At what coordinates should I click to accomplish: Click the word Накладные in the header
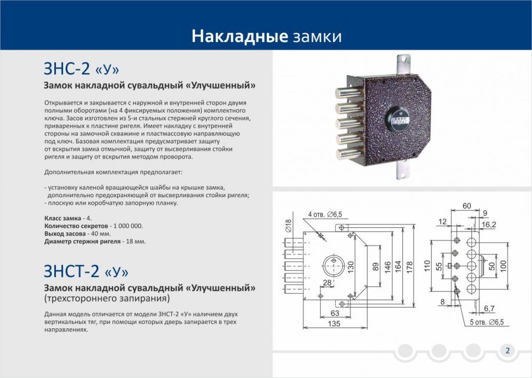point(239,36)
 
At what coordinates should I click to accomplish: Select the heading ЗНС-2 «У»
point(81,69)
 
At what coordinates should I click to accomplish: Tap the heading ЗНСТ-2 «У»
point(86,271)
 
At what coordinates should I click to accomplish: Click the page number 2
point(507,350)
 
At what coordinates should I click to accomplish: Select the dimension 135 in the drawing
point(334,323)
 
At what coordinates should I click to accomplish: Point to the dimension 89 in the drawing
point(376,266)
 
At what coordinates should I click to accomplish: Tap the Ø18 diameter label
point(289,225)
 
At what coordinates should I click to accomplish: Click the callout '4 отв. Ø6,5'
point(325,214)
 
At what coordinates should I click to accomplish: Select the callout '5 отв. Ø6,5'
point(486,322)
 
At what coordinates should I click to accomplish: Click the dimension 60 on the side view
point(467,206)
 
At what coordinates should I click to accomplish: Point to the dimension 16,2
point(488,224)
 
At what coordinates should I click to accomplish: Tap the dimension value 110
point(427,266)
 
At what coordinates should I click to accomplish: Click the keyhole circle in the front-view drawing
point(333,266)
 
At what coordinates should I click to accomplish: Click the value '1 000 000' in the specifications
point(128,226)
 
